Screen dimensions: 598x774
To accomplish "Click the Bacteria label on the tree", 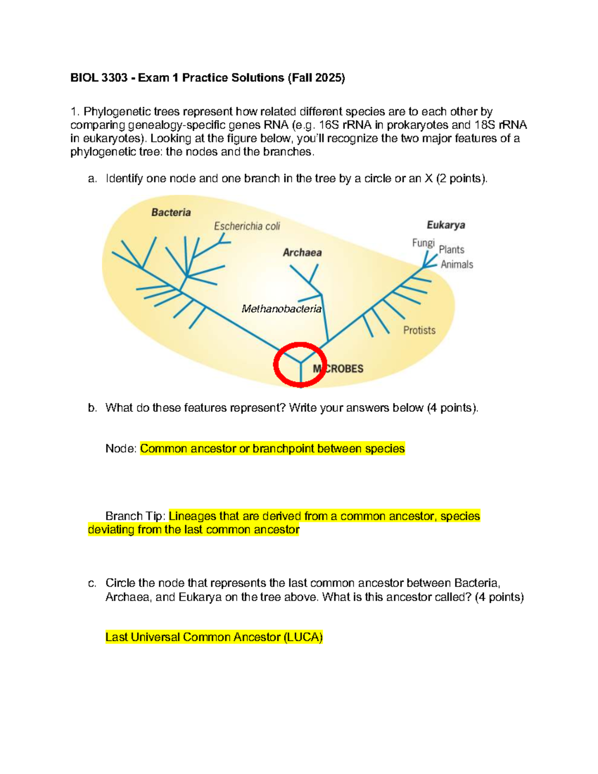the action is point(171,213).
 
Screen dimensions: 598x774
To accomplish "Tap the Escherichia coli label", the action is point(247,226).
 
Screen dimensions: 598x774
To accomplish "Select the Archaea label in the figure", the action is point(302,253).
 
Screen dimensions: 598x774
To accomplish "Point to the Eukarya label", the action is point(446,225).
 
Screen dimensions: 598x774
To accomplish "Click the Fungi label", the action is point(424,243).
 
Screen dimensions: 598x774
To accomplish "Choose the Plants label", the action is point(451,250).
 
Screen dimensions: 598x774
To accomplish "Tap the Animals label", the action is point(457,264).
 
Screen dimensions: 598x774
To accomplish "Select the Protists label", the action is point(419,330).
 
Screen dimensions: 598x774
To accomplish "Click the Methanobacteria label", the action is point(282,309).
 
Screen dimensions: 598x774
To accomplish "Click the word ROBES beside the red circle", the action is point(345,369).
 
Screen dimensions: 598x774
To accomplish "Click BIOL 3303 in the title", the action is point(99,78).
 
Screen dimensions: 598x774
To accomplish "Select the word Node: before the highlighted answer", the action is point(121,449).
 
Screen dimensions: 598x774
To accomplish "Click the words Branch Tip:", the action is point(136,516).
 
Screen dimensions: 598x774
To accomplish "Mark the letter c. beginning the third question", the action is point(92,584).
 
